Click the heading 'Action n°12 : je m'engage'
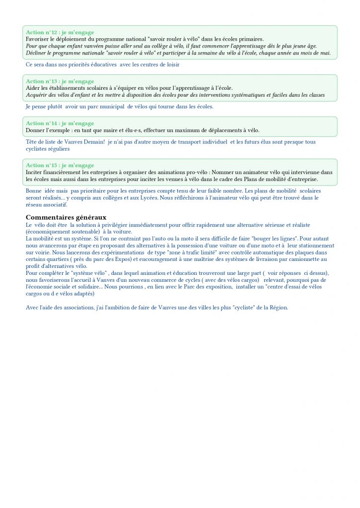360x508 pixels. pyautogui.click(x=60, y=33)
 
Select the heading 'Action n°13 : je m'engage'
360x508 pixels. pyautogui.click(x=60, y=81)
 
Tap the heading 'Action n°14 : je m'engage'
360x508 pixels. pyautogui.click(x=60, y=124)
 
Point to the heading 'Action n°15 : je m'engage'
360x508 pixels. pyautogui.click(x=60, y=166)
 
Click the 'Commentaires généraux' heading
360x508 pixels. pyautogui.click(x=66, y=217)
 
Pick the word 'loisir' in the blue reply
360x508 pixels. pyautogui.click(x=171, y=64)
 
